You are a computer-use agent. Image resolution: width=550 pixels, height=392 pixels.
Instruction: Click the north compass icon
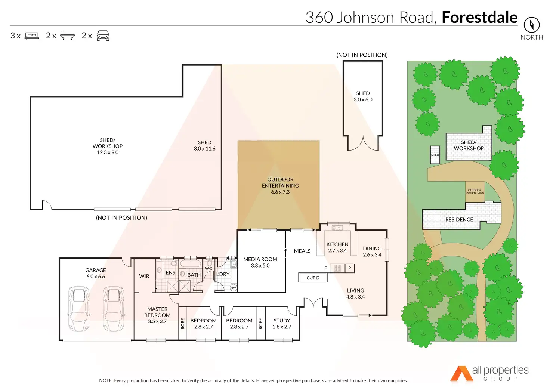531,25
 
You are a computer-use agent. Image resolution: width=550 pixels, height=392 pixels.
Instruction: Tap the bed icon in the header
32,36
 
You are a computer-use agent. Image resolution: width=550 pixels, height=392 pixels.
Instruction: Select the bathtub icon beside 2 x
67,36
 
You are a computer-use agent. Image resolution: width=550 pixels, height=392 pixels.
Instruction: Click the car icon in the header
103,36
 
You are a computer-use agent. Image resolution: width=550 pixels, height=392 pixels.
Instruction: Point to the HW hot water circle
233,288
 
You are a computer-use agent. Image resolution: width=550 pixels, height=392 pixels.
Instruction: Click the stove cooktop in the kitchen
337,268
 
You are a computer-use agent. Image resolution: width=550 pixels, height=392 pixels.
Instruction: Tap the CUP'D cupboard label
313,278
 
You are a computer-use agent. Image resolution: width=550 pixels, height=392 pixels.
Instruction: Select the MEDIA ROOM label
260,259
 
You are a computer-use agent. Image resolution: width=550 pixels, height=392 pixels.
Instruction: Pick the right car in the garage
113,309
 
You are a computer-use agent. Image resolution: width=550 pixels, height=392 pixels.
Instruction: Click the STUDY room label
282,321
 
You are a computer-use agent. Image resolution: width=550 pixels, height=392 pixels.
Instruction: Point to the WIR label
144,276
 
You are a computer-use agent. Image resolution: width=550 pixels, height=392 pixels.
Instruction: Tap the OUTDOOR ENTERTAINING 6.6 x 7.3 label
280,186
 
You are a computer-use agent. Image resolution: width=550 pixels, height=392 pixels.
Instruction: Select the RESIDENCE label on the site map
459,220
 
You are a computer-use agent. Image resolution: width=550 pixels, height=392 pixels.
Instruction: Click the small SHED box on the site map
435,155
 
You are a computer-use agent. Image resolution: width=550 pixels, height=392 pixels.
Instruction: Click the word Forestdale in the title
479,18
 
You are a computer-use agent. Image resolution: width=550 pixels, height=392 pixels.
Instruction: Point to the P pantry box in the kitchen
350,268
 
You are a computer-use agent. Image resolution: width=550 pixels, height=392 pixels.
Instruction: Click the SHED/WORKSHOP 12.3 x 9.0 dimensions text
108,152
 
